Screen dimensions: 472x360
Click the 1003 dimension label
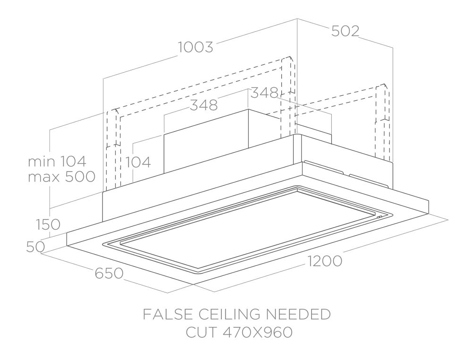pyautogui.click(x=196, y=47)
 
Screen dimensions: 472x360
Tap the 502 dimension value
pyautogui.click(x=346, y=31)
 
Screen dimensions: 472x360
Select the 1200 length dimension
pyautogui.click(x=325, y=261)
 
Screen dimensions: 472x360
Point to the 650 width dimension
pyautogui.click(x=109, y=273)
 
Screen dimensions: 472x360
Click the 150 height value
pyautogui.click(x=48, y=224)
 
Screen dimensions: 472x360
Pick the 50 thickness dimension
pyautogui.click(x=35, y=247)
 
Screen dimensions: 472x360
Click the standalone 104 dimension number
pyautogui.click(x=138, y=163)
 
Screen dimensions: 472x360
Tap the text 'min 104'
pyautogui.click(x=57, y=162)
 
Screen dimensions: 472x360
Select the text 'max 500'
pyautogui.click(x=62, y=177)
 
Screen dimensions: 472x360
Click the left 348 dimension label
pyautogui.click(x=204, y=105)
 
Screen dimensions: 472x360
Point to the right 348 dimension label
pyautogui.click(x=264, y=93)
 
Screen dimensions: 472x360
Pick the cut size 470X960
pyautogui.click(x=258, y=333)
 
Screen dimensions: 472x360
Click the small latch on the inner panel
pyautogui.click(x=379, y=217)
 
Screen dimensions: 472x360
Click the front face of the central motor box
pyautogui.click(x=206, y=142)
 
